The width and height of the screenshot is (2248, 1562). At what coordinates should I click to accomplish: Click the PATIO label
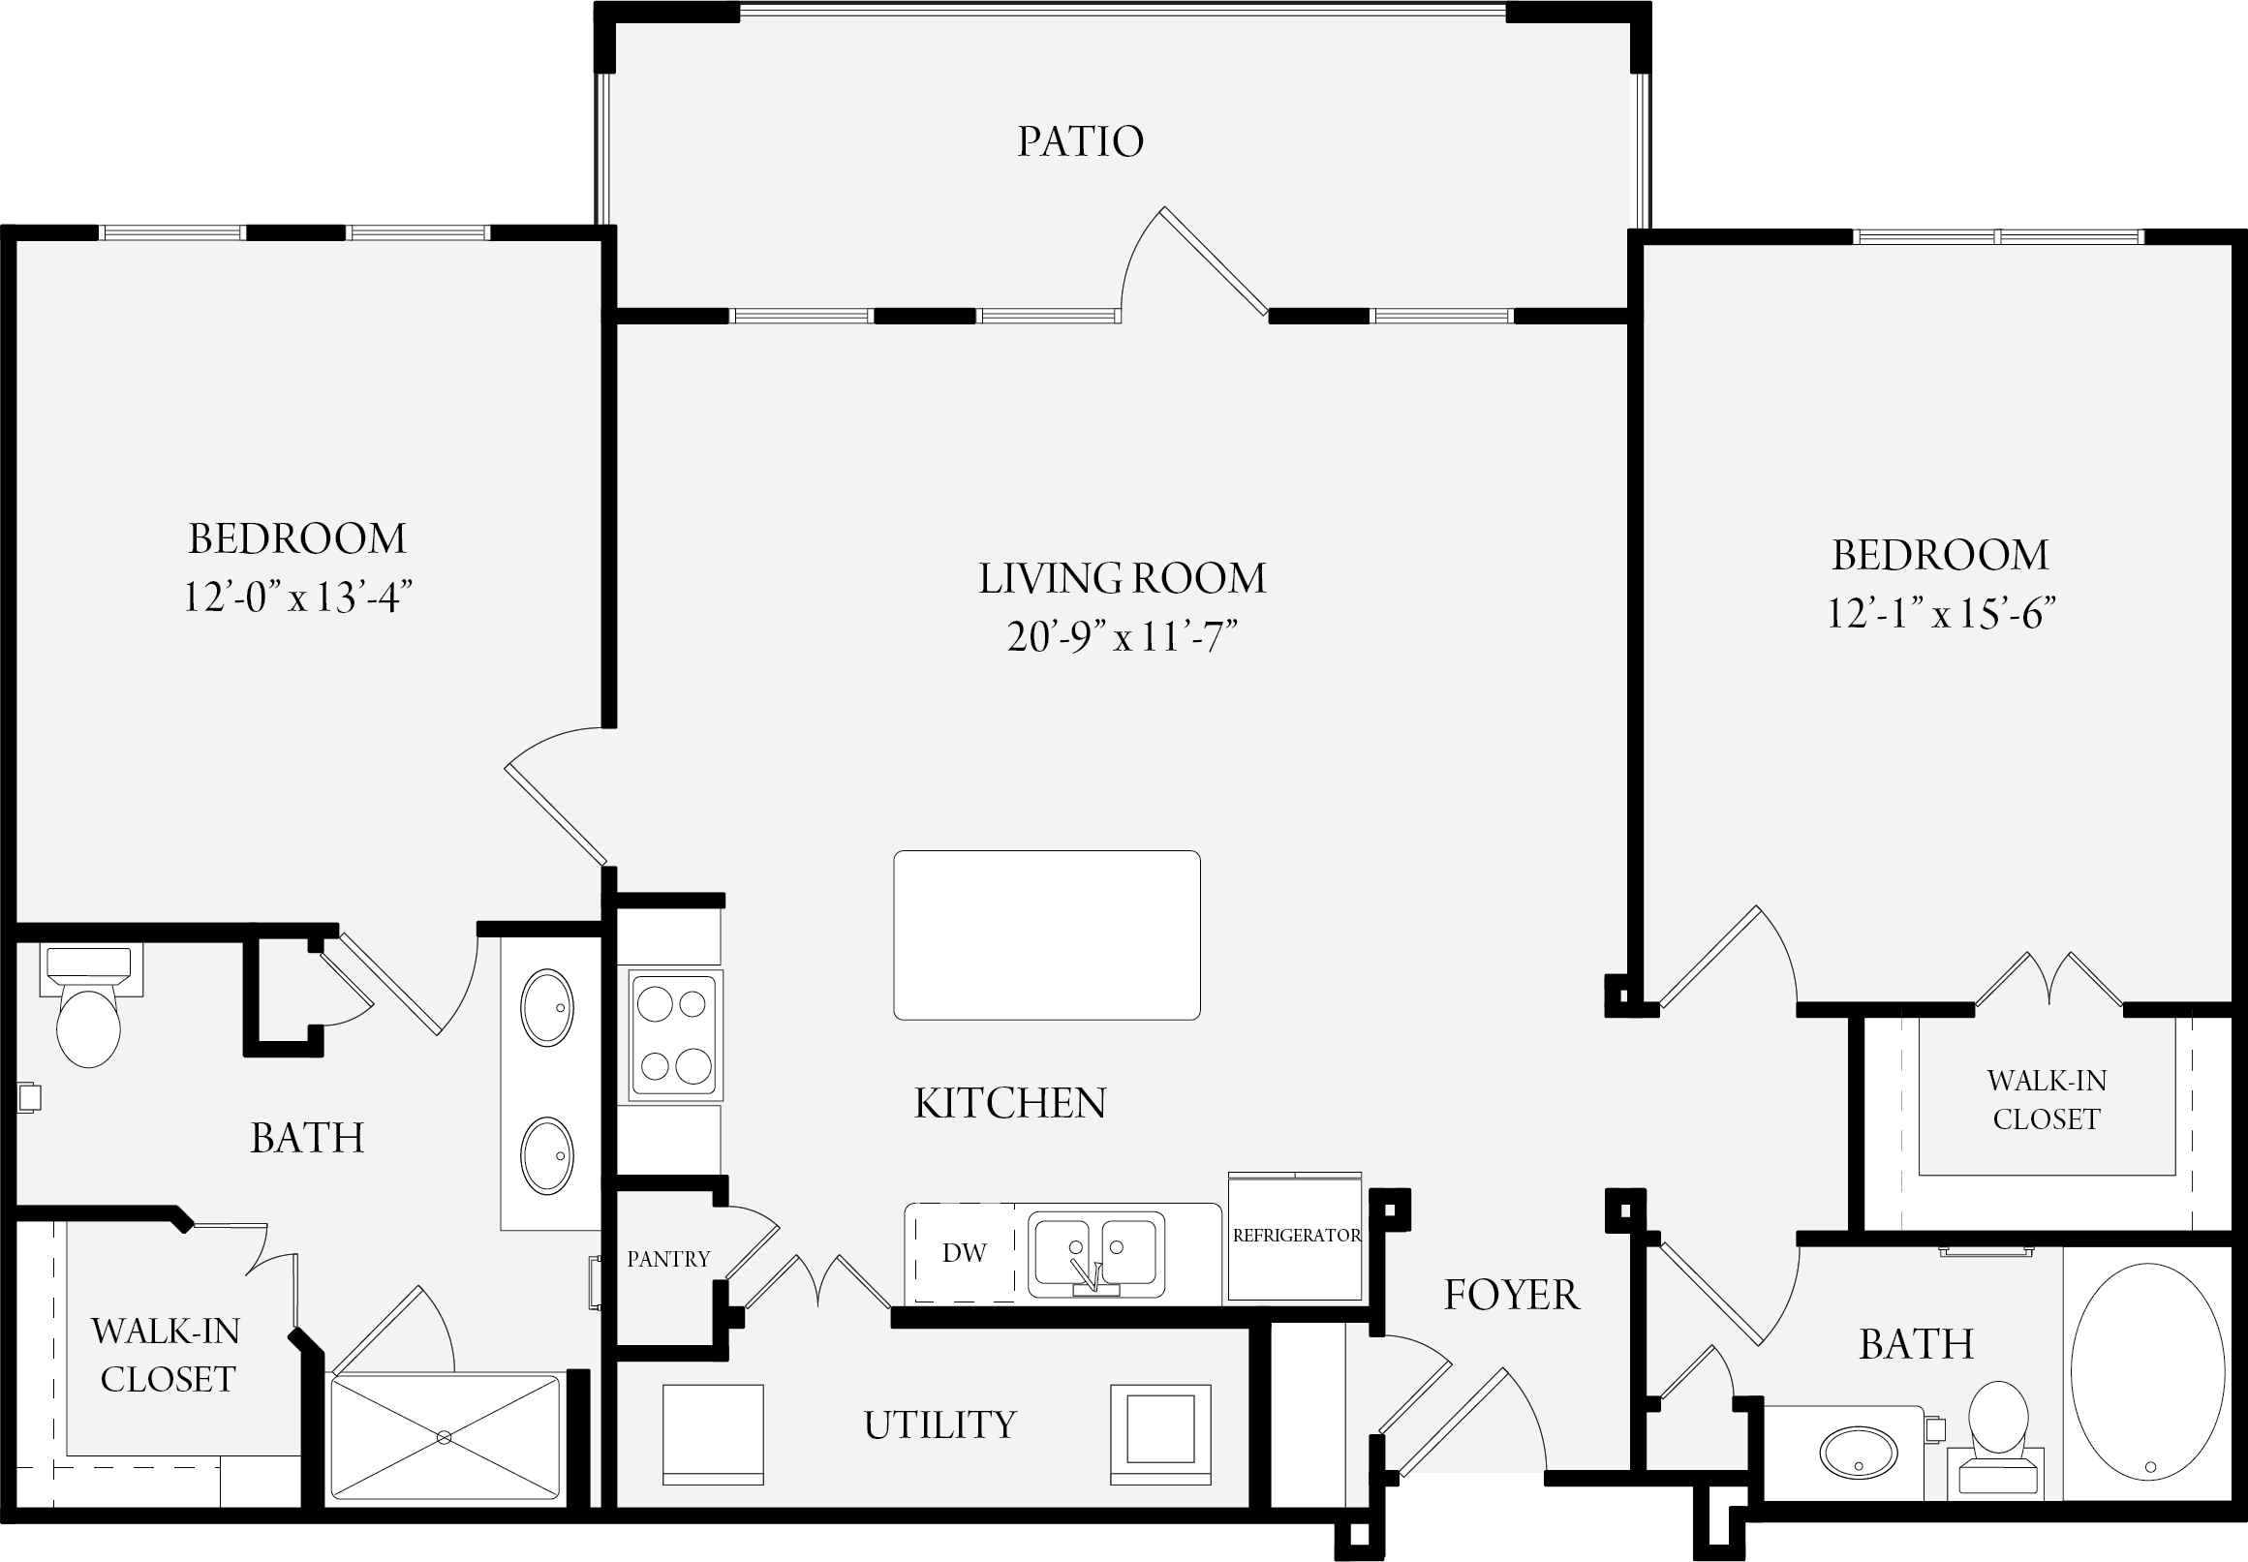(x=1081, y=142)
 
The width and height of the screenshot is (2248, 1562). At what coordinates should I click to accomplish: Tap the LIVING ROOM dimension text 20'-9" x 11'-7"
(x=1123, y=637)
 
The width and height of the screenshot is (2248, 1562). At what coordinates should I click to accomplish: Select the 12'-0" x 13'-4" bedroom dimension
(x=297, y=596)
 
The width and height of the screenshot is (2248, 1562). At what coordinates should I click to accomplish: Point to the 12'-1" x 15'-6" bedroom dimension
(x=1941, y=614)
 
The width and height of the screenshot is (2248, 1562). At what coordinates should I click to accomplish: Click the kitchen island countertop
(x=1046, y=934)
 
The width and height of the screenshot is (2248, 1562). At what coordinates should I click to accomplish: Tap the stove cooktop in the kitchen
(x=674, y=1034)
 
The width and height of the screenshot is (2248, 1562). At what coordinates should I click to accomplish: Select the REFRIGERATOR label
(x=1297, y=1235)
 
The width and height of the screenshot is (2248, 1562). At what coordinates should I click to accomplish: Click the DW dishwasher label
(x=964, y=1253)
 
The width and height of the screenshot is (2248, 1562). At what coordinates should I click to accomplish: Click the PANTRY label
(x=668, y=1259)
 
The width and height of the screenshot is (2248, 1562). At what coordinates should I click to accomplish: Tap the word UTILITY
(x=940, y=1425)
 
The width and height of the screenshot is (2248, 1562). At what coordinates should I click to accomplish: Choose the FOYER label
(x=1512, y=1295)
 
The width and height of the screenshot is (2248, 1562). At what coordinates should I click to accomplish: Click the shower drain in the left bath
(x=445, y=1437)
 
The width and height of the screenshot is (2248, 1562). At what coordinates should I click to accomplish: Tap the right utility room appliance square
(x=1159, y=1435)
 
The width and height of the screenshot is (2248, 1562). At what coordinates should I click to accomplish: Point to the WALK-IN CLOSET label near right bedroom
(x=2047, y=1099)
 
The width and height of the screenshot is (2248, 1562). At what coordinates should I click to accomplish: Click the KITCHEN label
(x=1010, y=1103)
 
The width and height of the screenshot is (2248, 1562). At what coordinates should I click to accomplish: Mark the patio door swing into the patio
(x=1194, y=261)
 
